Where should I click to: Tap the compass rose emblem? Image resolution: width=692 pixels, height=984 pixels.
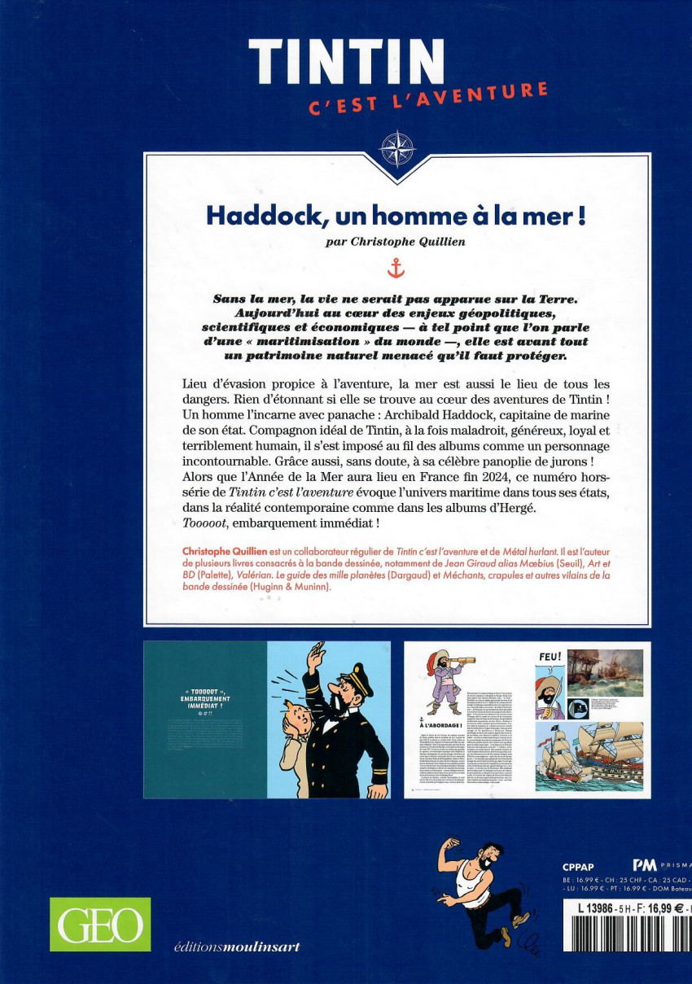(398, 149)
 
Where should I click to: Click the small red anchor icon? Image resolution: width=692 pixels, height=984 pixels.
(396, 267)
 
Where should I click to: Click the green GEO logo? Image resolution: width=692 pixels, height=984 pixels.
(100, 925)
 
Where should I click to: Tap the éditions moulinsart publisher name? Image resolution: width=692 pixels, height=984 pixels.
(237, 947)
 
